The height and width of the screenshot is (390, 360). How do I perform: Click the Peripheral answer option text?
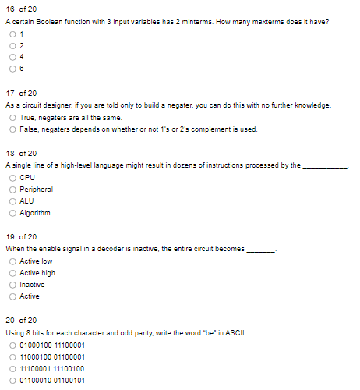[36, 190]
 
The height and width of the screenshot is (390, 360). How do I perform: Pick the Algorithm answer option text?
[35, 213]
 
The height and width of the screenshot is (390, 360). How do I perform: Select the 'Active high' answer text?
[37, 273]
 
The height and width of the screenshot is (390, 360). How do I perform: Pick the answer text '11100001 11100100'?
[51, 369]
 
